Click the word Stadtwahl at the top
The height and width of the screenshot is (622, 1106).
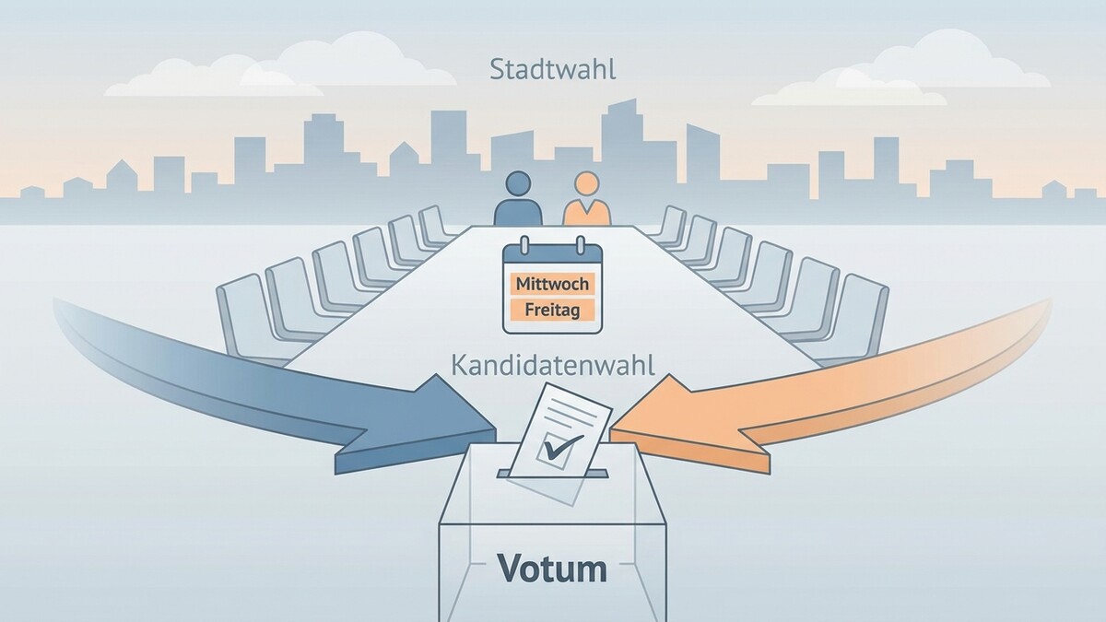point(553,70)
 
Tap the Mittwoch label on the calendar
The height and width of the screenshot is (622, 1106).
point(552,285)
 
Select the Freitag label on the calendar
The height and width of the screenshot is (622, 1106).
point(552,310)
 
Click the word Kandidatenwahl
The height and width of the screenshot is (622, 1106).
point(553,366)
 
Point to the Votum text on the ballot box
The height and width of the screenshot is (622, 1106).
point(552,569)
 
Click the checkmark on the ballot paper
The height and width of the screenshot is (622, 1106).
point(562,446)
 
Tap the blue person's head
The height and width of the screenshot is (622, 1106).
point(518,183)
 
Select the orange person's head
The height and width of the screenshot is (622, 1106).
point(587,183)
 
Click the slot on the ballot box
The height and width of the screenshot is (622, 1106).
point(552,474)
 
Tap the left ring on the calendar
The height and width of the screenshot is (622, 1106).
point(524,245)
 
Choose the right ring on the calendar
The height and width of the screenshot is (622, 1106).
point(581,245)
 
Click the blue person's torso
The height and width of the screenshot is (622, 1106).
point(518,212)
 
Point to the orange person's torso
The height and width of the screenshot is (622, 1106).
point(587,212)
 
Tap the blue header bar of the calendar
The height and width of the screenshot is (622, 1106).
point(552,253)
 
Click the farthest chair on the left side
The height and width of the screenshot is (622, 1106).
point(434,226)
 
